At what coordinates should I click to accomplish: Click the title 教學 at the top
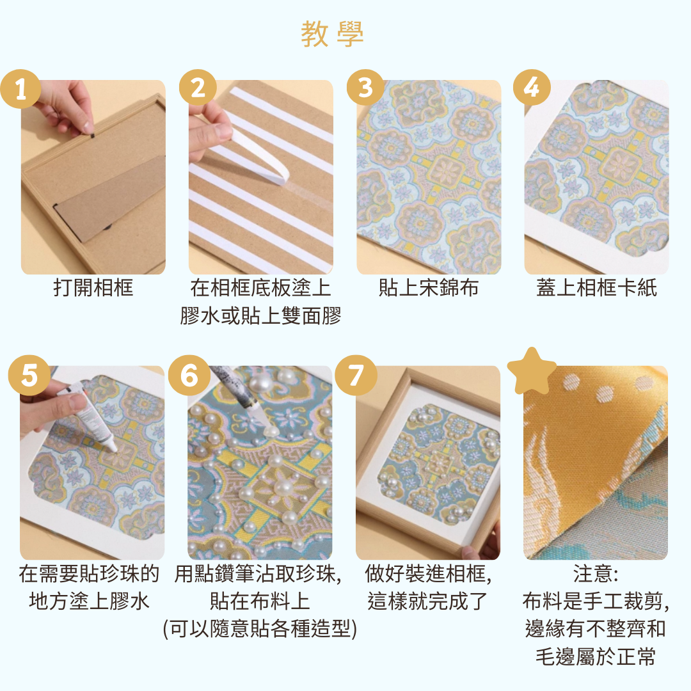[x=332, y=34]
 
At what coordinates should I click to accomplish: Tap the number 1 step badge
[x=21, y=89]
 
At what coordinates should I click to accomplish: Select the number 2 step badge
[x=198, y=88]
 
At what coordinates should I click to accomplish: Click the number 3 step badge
[x=365, y=88]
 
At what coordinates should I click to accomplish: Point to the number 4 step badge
[x=532, y=88]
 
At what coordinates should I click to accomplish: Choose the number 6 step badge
[x=189, y=375]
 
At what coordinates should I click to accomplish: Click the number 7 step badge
[x=356, y=375]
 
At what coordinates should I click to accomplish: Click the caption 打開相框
[x=93, y=289]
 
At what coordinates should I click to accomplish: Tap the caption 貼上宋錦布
[x=428, y=289]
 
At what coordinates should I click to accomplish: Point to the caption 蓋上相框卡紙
[x=596, y=289]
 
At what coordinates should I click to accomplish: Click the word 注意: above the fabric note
[x=596, y=574]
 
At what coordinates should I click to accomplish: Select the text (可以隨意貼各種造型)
[x=260, y=629]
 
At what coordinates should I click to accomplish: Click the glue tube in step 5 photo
[x=90, y=416]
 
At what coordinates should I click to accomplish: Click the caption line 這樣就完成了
[x=428, y=601]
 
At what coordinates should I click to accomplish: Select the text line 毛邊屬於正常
[x=596, y=656]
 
